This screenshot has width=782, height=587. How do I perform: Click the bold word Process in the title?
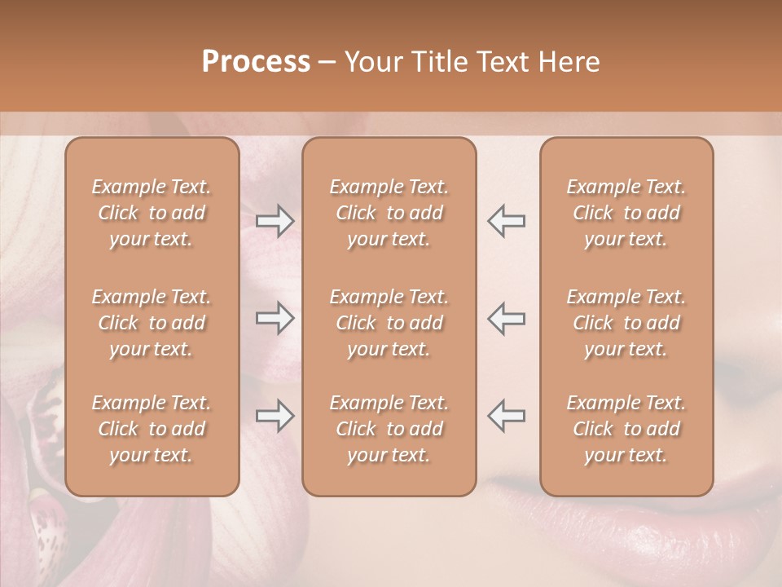point(256,62)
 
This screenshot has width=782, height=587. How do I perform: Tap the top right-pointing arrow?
point(275,220)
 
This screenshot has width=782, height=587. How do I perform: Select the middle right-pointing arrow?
point(275,318)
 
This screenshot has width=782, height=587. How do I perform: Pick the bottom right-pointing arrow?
point(275,416)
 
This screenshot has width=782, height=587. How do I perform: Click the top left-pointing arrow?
point(506,220)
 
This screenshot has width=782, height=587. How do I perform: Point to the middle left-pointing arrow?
point(506,318)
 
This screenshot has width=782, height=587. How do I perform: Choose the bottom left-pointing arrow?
point(506,416)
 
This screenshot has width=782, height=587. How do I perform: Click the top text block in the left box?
point(152,213)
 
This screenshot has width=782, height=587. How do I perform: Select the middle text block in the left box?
point(152,323)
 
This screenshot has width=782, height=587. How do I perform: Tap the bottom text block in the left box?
point(152,429)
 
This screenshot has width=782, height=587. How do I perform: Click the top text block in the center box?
point(389,213)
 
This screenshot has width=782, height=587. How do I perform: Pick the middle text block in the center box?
point(389,323)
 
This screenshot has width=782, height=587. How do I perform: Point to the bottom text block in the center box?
point(389,429)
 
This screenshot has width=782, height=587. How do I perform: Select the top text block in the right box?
point(626,213)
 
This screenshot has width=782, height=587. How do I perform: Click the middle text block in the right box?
point(626,323)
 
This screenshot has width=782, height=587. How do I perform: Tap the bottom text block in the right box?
point(626,429)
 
